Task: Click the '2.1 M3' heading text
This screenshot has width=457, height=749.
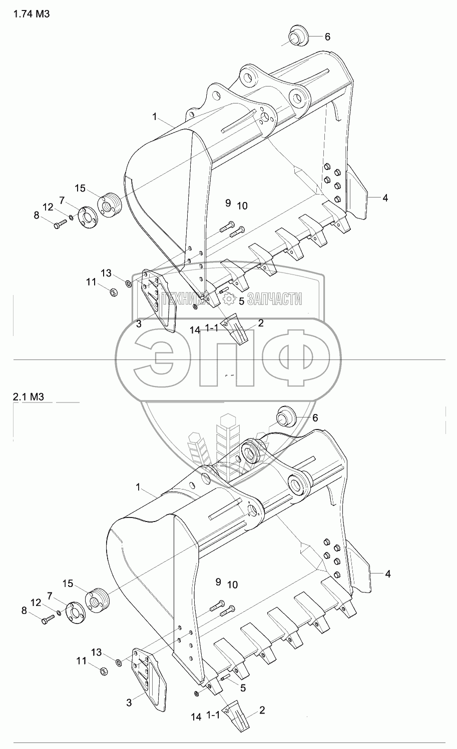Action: [x=30, y=397]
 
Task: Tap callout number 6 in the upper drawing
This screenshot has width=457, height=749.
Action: [x=327, y=36]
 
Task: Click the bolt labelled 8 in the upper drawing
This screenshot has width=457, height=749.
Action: [x=59, y=224]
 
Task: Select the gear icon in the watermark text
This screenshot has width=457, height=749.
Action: [x=229, y=299]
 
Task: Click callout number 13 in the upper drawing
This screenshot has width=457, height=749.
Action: [x=106, y=273]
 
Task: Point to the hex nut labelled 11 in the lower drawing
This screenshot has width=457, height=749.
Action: [x=105, y=670]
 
